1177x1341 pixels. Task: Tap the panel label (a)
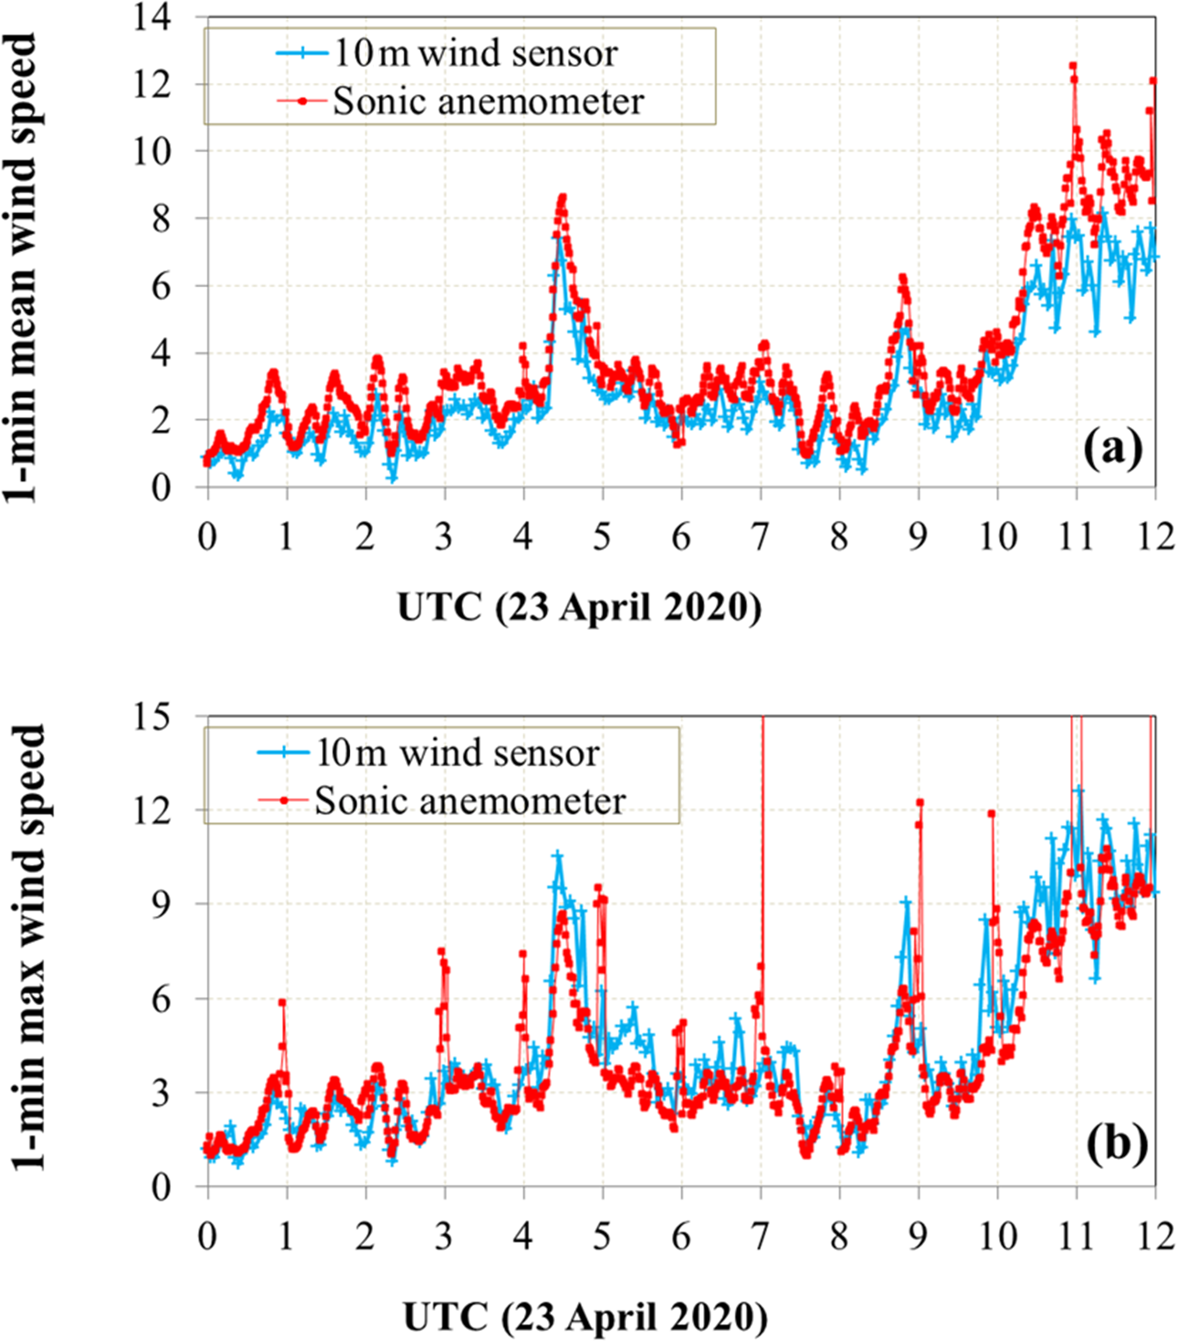[x=1112, y=450]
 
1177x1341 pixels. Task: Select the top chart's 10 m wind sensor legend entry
[x=475, y=54]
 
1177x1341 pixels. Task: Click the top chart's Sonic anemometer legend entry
[x=489, y=101]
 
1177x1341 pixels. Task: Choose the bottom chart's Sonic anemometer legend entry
[x=470, y=801]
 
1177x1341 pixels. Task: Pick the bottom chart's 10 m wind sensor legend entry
[x=457, y=752]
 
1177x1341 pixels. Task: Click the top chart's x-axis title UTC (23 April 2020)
[x=579, y=607]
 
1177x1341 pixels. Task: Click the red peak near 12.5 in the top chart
[x=1073, y=66]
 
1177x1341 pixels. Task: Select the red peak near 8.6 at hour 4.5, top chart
[x=563, y=197]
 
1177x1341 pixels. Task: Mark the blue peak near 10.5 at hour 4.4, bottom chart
[x=558, y=856]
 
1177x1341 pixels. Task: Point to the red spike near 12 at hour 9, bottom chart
[x=920, y=803]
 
